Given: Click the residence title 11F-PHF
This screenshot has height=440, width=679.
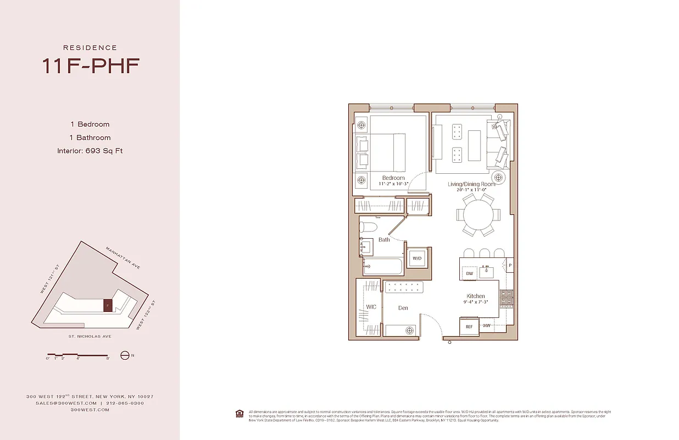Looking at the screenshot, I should [x=90, y=65].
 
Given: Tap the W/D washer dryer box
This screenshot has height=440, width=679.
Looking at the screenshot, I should [x=416, y=258].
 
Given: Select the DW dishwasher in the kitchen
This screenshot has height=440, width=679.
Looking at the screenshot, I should [x=470, y=273].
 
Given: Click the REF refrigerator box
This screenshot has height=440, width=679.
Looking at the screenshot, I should [x=469, y=327].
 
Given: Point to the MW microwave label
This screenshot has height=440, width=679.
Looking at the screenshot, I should [x=487, y=326].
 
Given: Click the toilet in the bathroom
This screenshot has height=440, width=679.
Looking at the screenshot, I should [x=369, y=227].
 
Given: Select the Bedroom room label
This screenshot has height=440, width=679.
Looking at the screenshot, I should [x=393, y=178].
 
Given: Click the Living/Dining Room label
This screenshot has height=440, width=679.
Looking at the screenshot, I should [x=471, y=184].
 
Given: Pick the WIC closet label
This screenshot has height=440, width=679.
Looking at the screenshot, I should [x=371, y=307].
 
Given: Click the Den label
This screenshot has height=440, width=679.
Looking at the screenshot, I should [x=403, y=308].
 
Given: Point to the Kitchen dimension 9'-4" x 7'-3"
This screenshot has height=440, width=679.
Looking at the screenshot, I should [x=476, y=302].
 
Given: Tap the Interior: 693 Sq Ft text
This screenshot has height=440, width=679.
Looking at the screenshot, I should [x=90, y=151].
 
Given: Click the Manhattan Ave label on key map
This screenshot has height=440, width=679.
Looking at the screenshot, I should [x=123, y=258].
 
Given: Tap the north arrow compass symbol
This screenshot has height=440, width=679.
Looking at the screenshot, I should [x=125, y=355].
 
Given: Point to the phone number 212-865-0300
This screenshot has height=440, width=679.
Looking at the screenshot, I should [x=125, y=403].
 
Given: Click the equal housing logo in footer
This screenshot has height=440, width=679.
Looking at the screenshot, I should [x=240, y=413].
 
